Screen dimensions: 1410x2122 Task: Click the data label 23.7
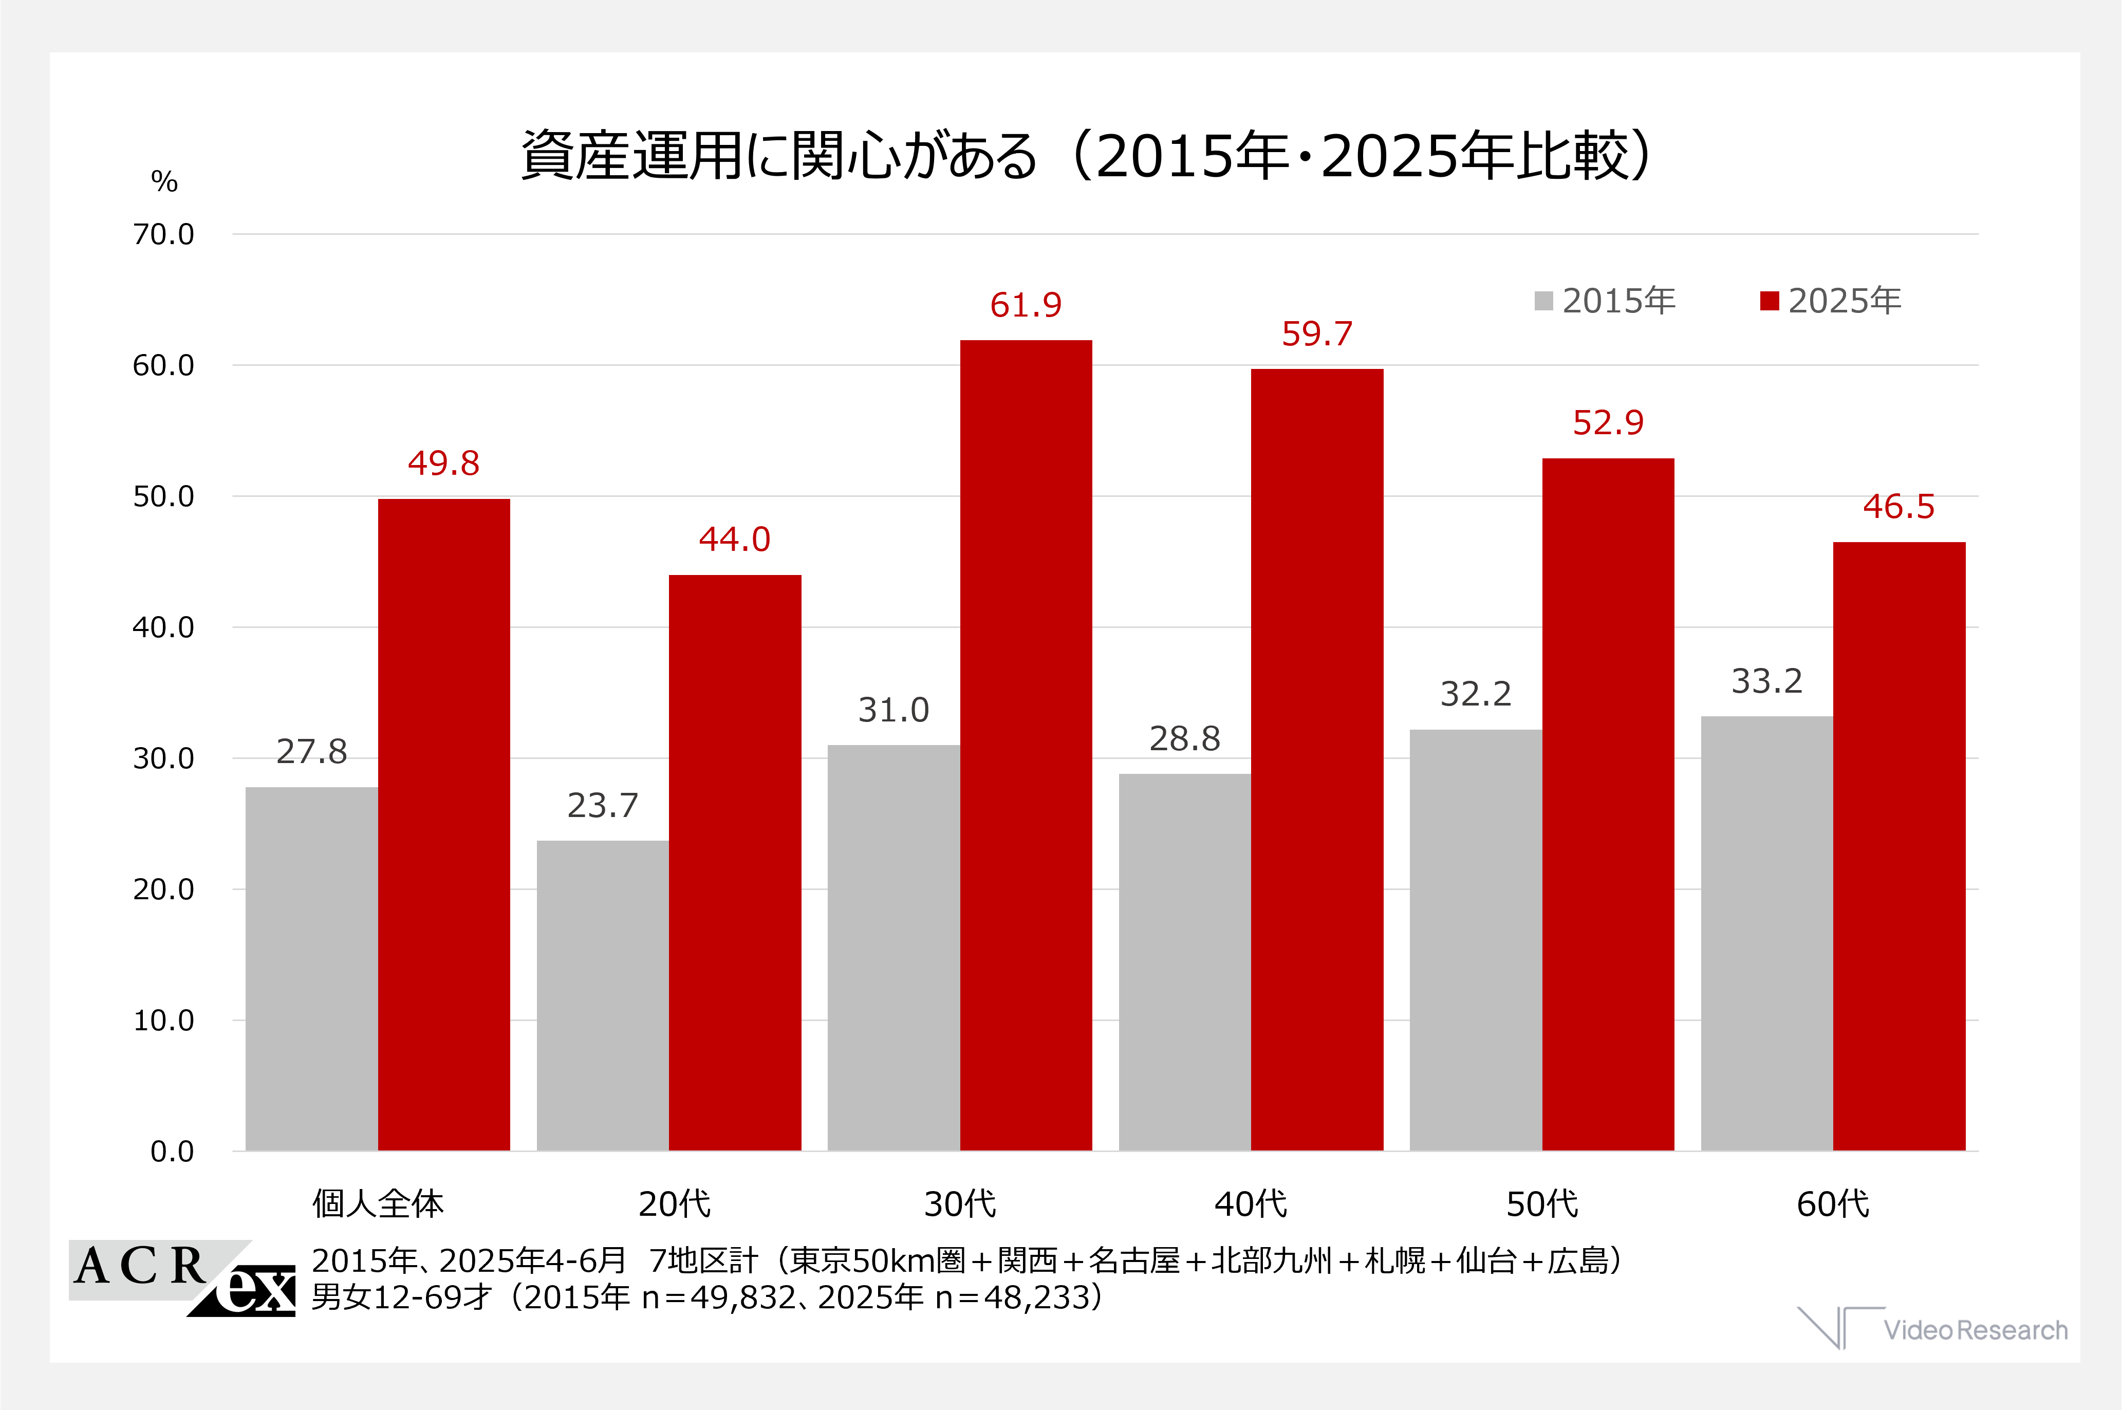(602, 806)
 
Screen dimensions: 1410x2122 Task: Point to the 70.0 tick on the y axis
(163, 235)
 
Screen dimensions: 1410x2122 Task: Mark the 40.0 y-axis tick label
(163, 628)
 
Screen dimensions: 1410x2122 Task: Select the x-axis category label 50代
(1542, 1204)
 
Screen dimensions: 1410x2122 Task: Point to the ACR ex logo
(182, 1278)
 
